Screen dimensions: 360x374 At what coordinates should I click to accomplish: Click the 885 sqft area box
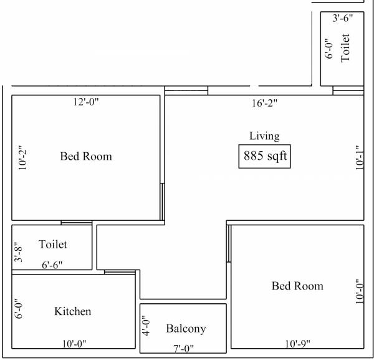[x=265, y=156]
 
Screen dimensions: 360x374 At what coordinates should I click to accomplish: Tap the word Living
[x=264, y=136]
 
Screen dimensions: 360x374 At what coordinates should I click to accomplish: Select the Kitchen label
[x=73, y=311]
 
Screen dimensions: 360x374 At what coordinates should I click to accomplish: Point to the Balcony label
[x=186, y=328]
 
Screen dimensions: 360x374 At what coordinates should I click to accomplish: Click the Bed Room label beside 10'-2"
[x=86, y=156]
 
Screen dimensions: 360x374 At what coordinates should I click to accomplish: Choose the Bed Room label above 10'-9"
[x=297, y=286]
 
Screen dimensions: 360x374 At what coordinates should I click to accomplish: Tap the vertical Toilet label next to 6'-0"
[x=345, y=47]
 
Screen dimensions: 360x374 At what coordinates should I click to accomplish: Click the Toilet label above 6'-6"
[x=52, y=244]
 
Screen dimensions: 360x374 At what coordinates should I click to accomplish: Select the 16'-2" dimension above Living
[x=264, y=104]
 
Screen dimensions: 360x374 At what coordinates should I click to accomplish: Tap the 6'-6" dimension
[x=52, y=265]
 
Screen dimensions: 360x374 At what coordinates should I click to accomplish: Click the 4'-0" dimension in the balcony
[x=145, y=326]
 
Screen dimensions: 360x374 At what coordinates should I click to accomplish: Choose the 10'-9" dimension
[x=297, y=343]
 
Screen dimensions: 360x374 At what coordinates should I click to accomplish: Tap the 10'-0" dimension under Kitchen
[x=73, y=343]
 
